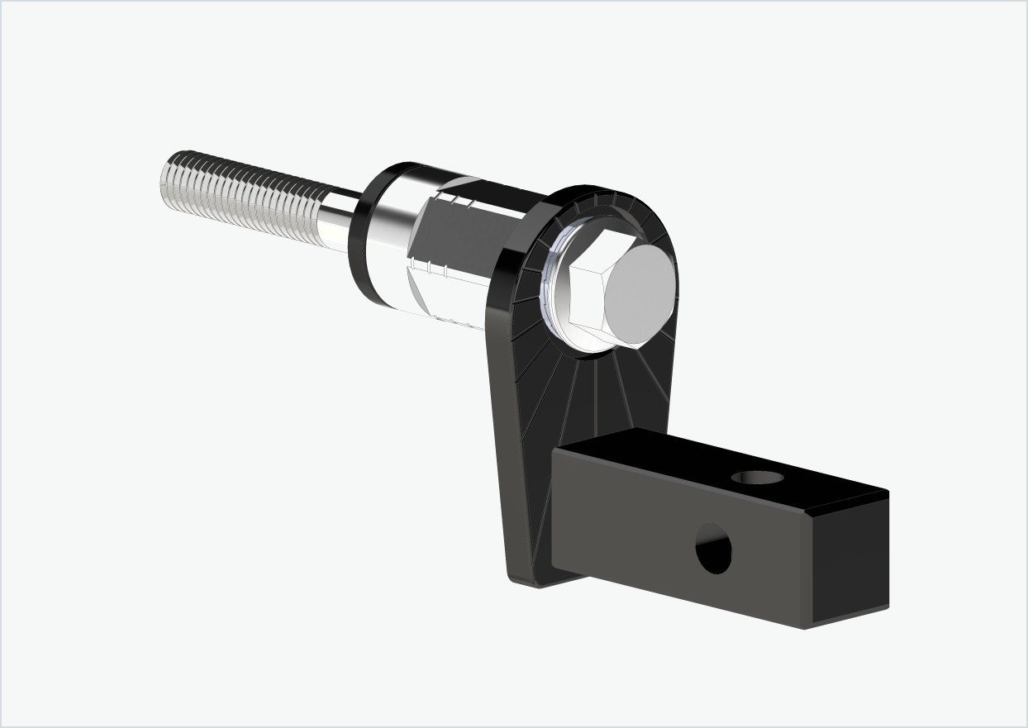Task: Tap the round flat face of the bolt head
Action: click(x=640, y=294)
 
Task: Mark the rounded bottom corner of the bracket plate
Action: click(x=529, y=578)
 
